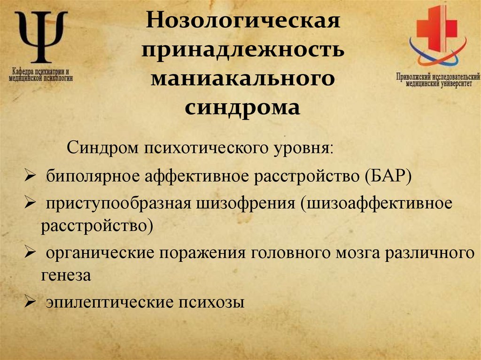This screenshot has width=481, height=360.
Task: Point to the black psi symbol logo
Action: coord(40,37)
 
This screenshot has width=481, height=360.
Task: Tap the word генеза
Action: coord(65,276)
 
